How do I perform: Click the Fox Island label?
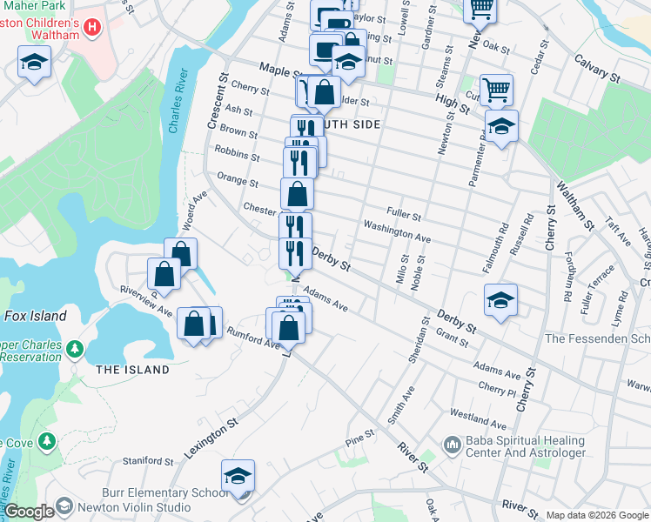click(35, 317)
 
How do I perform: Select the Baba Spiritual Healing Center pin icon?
click(452, 446)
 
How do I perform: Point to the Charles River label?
click(178, 103)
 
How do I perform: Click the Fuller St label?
click(404, 216)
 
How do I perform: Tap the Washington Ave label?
click(397, 238)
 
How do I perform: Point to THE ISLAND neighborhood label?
click(132, 370)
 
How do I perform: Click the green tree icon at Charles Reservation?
click(75, 350)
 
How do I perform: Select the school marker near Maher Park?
click(35, 62)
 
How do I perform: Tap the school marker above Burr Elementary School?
click(238, 476)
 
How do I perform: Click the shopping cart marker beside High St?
click(495, 89)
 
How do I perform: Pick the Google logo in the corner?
click(28, 512)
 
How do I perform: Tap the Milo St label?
click(402, 274)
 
